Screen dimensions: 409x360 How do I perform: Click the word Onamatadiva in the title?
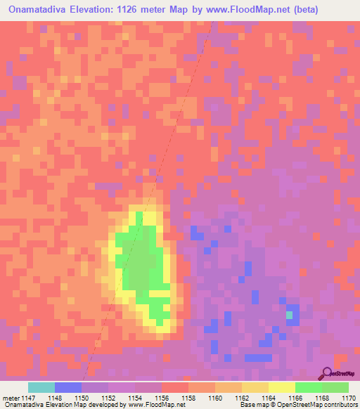[x=40, y=10]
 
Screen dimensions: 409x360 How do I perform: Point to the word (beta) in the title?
[x=298, y=10]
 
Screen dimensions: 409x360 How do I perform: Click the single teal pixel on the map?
[x=289, y=315]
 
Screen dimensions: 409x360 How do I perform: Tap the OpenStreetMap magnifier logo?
[x=326, y=373]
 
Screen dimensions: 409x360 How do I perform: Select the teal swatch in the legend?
[x=41, y=387]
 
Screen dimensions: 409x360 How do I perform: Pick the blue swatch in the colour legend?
[x=68, y=387]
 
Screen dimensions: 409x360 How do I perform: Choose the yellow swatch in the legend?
[x=282, y=387]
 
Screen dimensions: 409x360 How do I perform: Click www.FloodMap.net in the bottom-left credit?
[x=153, y=405]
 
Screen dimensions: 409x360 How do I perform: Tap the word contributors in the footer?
[x=342, y=405]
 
